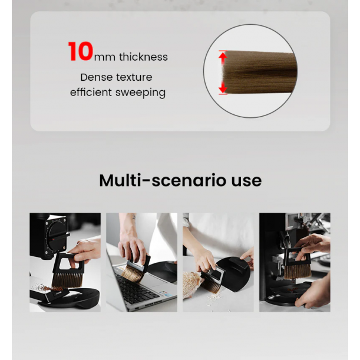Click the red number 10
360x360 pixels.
pyautogui.click(x=81, y=52)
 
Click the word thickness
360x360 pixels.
pyautogui.click(x=143, y=57)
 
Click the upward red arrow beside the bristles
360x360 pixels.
pyautogui.click(x=223, y=58)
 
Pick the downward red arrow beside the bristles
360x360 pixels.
pyautogui.click(x=223, y=88)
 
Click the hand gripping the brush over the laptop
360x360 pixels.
pyautogui.click(x=131, y=247)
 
